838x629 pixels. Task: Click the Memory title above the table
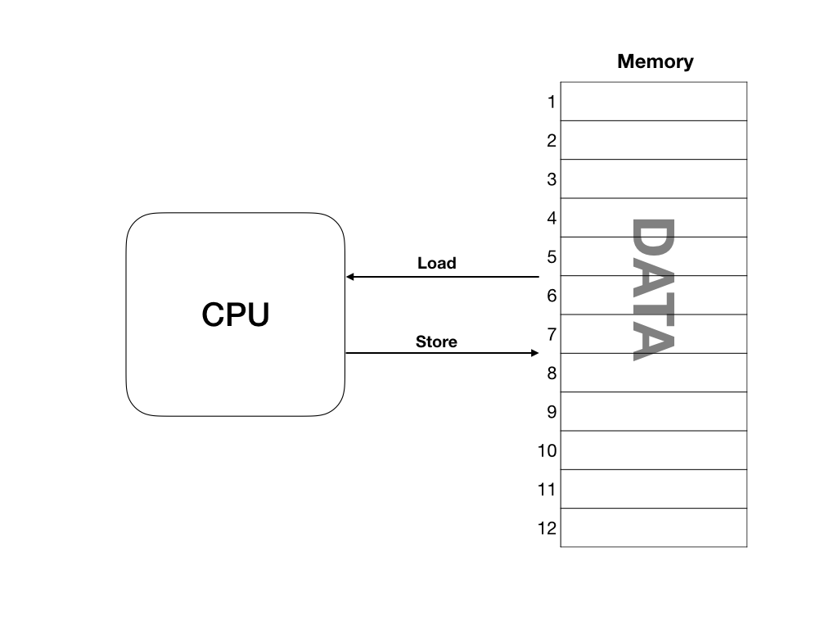[655, 61]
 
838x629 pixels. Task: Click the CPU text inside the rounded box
[236, 314]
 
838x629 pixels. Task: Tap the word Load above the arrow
[436, 264]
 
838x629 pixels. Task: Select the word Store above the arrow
[436, 342]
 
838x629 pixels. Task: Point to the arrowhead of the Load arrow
[349, 277]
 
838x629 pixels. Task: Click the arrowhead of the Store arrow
[535, 353]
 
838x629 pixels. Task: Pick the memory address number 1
[552, 102]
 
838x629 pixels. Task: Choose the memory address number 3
[552, 179]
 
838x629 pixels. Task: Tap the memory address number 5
[552, 257]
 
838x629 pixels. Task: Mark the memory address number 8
[552, 373]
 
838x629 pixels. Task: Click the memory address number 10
[547, 450]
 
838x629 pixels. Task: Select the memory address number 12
[547, 528]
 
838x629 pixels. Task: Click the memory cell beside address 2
[654, 140]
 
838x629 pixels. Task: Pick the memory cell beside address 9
[654, 411]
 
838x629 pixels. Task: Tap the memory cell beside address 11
[654, 489]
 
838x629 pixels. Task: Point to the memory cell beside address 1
[654, 102]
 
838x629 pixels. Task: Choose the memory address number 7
[552, 334]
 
